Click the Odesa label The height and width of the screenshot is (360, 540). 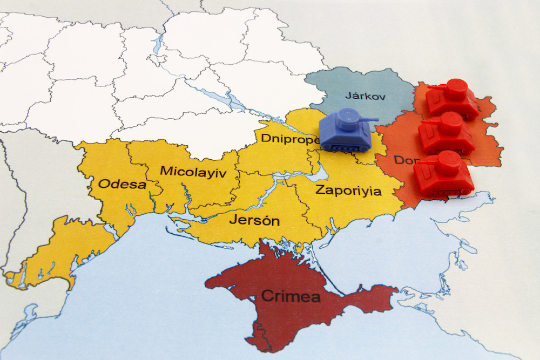point(122,184)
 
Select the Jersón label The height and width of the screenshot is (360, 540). point(254,220)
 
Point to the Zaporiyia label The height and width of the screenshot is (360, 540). point(341,191)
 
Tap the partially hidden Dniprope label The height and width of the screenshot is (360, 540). point(289,138)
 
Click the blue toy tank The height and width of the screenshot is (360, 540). point(346,132)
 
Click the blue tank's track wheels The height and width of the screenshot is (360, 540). point(346,146)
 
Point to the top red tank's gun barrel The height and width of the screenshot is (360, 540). point(435,86)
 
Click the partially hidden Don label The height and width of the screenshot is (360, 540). point(404,160)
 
